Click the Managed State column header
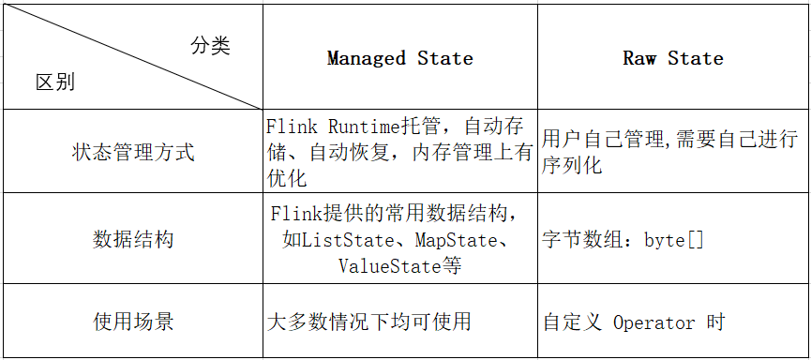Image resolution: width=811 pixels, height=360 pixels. [399, 59]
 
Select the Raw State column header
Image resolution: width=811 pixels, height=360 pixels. [672, 59]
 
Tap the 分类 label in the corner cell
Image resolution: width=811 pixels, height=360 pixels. [210, 46]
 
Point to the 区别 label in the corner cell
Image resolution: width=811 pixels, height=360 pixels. [55, 82]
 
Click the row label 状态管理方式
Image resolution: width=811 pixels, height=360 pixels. [133, 152]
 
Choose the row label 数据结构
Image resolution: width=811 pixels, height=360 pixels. [133, 239]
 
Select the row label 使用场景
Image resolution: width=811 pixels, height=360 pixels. [133, 322]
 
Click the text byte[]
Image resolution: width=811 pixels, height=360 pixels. [673, 240]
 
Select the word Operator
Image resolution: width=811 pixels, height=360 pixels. [654, 322]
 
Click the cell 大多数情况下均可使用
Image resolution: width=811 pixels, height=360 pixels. [368, 322]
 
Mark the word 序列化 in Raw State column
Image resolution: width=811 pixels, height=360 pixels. [572, 166]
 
